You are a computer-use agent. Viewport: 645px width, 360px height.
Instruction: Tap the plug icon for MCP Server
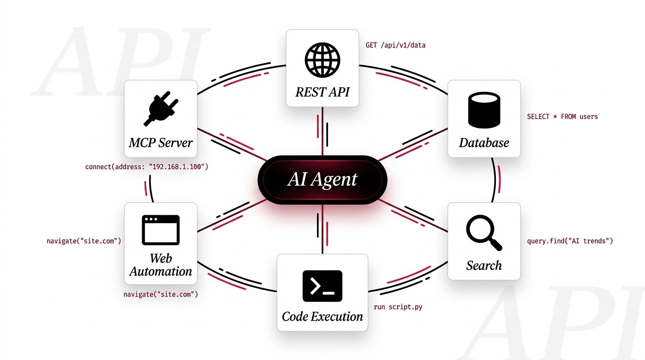coord(160,109)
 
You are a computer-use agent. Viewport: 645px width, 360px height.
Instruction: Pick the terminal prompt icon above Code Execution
coord(322,286)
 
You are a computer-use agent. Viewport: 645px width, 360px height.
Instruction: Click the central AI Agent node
coord(322,180)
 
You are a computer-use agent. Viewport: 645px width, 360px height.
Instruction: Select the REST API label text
coord(322,91)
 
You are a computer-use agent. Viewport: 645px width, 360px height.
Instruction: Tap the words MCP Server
coord(160,142)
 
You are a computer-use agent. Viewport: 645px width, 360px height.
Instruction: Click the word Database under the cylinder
coord(484,142)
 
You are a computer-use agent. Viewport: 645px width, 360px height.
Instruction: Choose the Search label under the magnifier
coord(484,266)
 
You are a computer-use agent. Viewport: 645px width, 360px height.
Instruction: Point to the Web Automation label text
coord(160,265)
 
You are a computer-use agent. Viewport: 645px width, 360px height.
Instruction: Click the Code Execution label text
coord(322,316)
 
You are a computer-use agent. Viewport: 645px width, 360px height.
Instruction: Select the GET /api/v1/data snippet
coord(396,45)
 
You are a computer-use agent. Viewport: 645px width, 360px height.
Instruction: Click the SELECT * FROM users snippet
coord(562,116)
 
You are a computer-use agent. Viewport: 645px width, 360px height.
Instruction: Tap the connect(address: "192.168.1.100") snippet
coord(147,167)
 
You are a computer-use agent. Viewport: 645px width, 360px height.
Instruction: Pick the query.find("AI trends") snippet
coord(570,241)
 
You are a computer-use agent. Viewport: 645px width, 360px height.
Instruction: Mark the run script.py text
coord(397,307)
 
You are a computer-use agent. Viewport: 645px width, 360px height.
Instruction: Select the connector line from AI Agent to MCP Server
coord(230,143)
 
